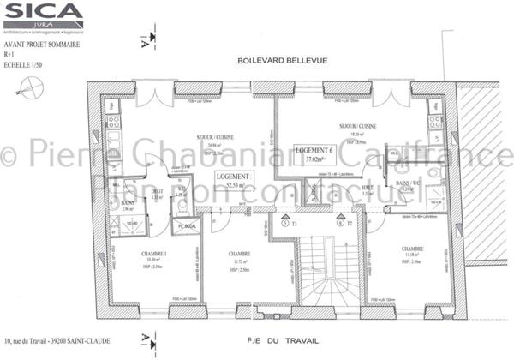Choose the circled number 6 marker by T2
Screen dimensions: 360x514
click(x=340, y=222)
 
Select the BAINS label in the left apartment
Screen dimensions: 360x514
click(x=128, y=203)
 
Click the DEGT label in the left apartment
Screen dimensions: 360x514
click(x=157, y=192)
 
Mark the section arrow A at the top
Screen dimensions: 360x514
click(x=152, y=38)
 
